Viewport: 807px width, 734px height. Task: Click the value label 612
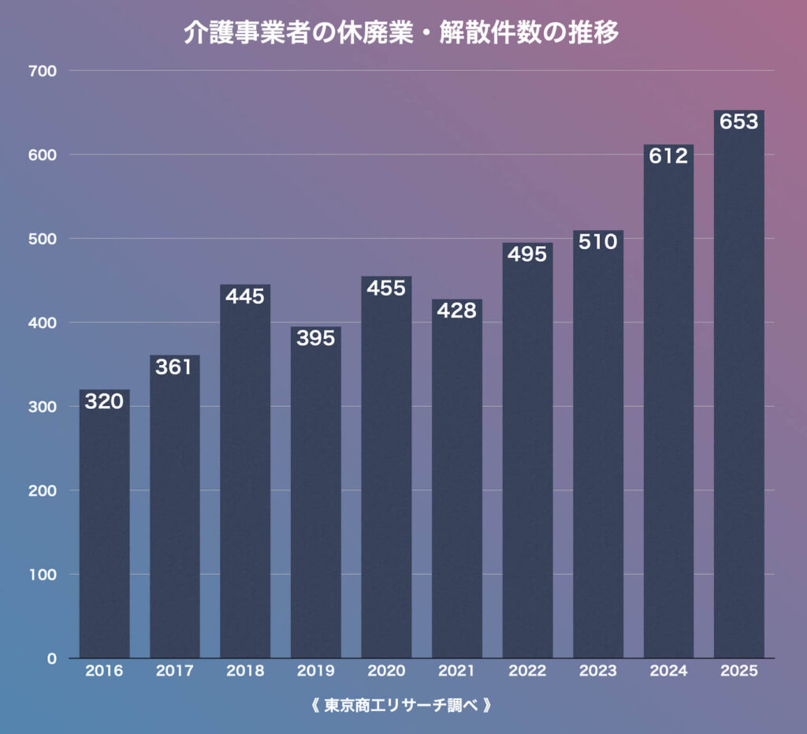pos(668,156)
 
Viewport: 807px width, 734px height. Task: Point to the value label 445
pos(245,296)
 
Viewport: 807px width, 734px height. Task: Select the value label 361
pos(174,367)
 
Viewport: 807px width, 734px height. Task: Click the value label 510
pos(597,242)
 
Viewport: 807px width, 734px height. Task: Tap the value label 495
pos(527,255)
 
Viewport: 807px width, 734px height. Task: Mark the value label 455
pos(386,288)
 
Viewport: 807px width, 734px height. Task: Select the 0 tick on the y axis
pos(52,658)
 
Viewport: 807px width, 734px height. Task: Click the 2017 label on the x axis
pos(174,672)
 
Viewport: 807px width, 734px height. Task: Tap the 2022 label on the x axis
pos(527,672)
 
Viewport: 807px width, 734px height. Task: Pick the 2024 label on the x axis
pos(668,672)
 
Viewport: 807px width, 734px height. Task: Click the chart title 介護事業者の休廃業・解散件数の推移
pos(402,32)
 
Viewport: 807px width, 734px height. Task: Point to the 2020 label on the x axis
pos(386,672)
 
